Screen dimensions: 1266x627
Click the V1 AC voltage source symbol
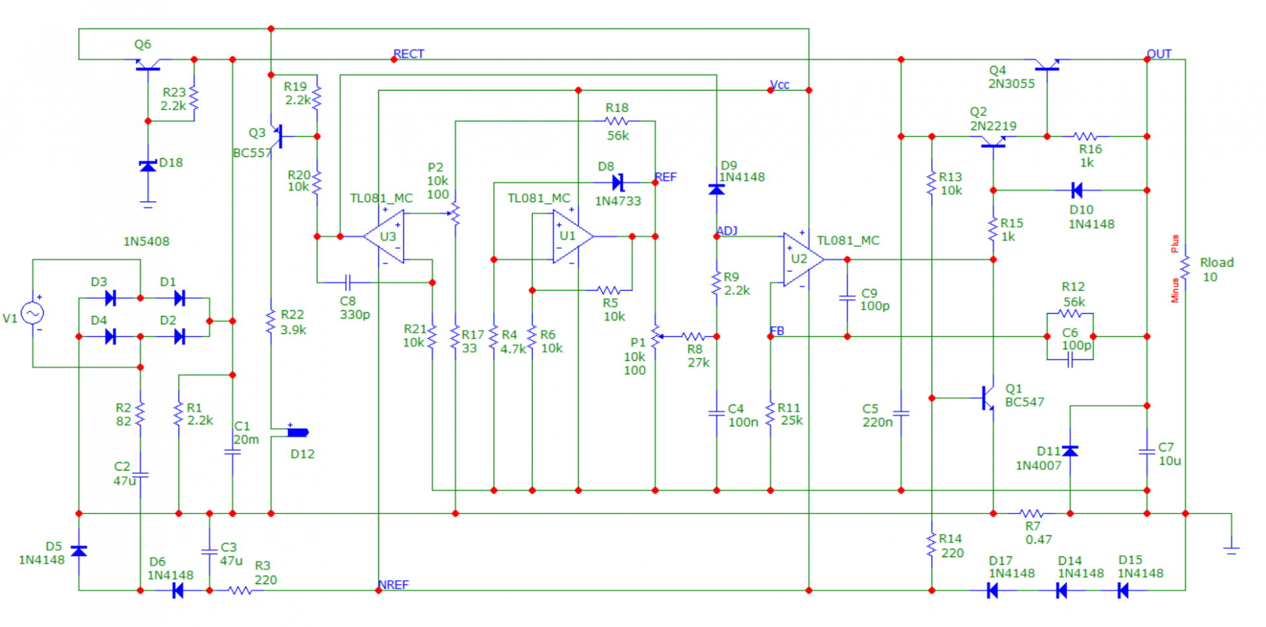(x=32, y=313)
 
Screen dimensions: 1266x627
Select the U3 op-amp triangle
(x=384, y=236)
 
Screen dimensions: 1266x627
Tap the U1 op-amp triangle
(x=572, y=236)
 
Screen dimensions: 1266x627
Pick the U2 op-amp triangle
(x=803, y=259)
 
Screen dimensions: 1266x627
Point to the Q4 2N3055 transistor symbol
(x=1047, y=64)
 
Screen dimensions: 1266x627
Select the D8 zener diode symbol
(x=618, y=182)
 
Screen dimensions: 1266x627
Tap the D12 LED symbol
(x=298, y=432)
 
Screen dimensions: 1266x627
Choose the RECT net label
(x=409, y=53)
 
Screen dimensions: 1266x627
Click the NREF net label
(x=393, y=585)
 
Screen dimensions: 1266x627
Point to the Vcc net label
(x=779, y=84)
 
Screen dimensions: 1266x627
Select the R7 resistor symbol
(x=1031, y=513)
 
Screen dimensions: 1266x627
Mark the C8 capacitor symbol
(x=348, y=282)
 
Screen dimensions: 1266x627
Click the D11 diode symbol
(x=1070, y=451)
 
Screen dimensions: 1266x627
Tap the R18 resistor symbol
(x=617, y=121)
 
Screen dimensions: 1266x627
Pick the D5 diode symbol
(x=78, y=550)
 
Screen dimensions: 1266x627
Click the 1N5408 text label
(x=146, y=242)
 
